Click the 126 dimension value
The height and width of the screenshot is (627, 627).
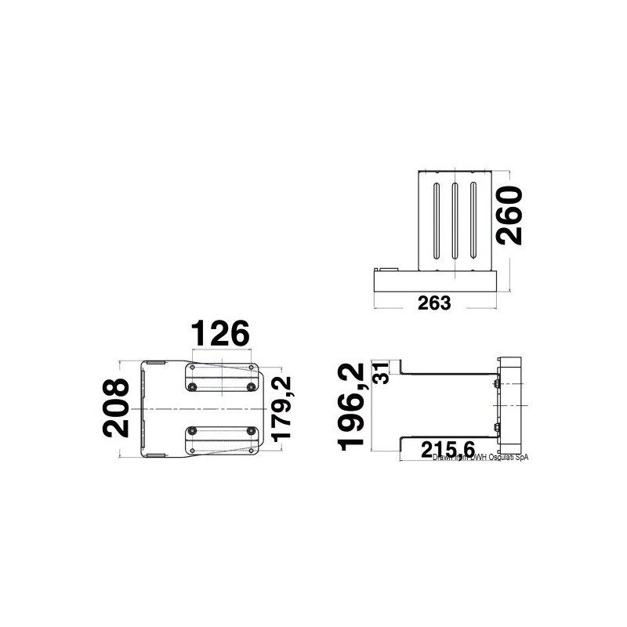[x=220, y=333]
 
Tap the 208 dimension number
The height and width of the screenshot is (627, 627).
[x=117, y=407]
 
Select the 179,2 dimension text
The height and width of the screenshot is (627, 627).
[x=280, y=407]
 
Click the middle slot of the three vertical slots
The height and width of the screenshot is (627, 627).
[x=454, y=220]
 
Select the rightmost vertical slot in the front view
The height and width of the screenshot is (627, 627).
[x=473, y=220]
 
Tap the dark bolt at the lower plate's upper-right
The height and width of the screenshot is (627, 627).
[x=251, y=429]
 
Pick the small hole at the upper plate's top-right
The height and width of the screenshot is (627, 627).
[x=251, y=367]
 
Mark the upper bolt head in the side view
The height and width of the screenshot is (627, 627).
[x=497, y=383]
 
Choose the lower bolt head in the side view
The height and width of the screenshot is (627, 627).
[x=497, y=428]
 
